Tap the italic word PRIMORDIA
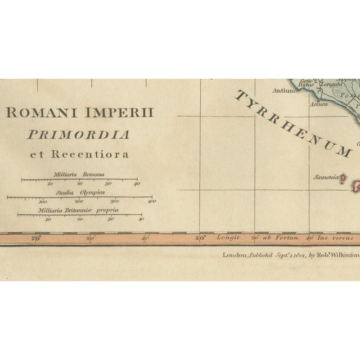pos(84,134)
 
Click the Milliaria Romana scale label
pos(79,174)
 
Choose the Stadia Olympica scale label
pos(79,192)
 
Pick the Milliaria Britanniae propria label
pos(79,210)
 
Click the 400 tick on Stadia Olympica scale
pos(151,201)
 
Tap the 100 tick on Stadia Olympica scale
pos(43,201)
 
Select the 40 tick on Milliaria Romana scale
pos(136,183)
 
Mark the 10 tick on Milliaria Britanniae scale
pos(48,219)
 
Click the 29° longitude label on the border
pos(36,238)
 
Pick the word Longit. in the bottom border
pos(228,238)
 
